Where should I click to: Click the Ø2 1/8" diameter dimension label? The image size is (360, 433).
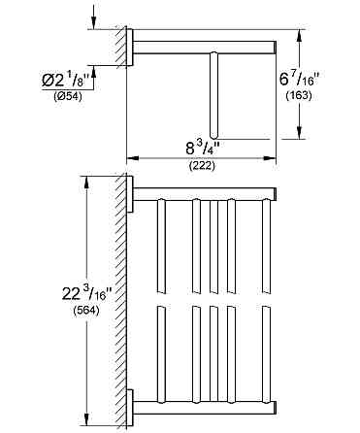click(65, 80)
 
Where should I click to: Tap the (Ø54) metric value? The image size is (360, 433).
click(68, 96)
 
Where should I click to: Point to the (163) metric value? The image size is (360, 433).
click(299, 95)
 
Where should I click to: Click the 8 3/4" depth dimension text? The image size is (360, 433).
click(202, 149)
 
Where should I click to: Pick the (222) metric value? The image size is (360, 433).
click(202, 166)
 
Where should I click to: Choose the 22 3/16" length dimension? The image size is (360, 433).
click(86, 295)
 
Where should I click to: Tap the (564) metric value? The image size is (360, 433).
click(86, 311)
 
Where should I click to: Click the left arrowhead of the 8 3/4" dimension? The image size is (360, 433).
click(132, 158)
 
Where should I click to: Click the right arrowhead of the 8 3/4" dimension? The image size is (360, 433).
click(270, 158)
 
